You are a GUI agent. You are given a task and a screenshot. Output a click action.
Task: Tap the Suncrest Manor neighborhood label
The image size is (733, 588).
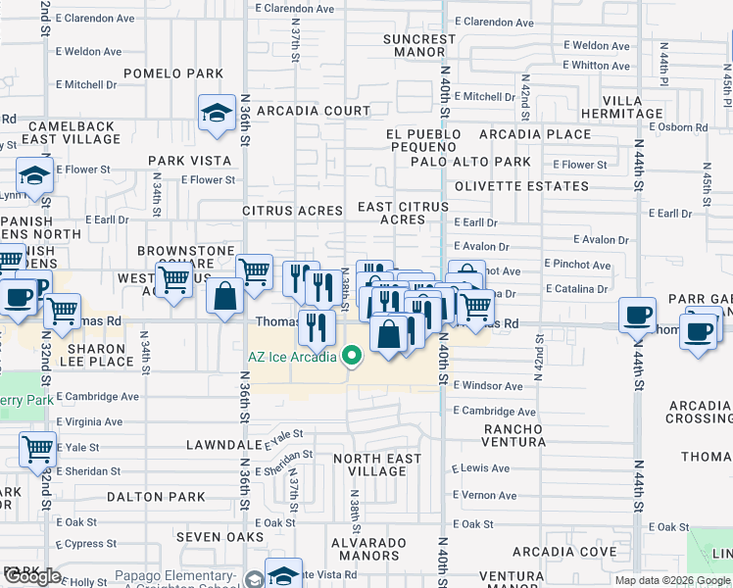[419, 47]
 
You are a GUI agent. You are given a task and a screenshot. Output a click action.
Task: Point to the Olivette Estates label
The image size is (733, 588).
[533, 186]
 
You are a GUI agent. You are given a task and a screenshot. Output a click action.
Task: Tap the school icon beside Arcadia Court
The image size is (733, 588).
[216, 114]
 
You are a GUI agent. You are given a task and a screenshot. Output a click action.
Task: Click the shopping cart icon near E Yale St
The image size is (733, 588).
[37, 450]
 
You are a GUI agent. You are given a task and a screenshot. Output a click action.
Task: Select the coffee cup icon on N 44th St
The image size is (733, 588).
[638, 315]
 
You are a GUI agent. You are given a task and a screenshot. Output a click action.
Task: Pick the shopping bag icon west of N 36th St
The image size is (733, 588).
[225, 298]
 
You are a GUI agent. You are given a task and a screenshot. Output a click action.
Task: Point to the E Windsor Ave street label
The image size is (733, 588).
[488, 386]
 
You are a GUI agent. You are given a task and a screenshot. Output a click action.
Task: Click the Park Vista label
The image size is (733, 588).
[189, 161]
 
